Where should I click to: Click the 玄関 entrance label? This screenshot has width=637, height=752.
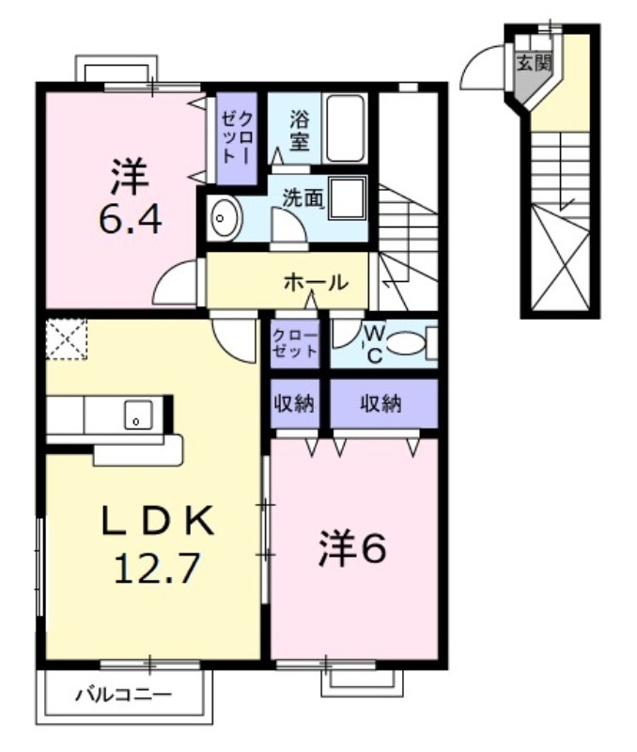click(532, 63)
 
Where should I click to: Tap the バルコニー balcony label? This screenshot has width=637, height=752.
click(123, 697)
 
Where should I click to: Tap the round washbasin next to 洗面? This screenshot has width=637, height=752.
click(223, 218)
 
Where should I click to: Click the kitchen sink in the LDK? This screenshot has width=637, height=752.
click(137, 415)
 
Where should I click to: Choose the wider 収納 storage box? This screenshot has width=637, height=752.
click(383, 404)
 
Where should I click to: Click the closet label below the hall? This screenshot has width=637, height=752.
click(295, 343)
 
